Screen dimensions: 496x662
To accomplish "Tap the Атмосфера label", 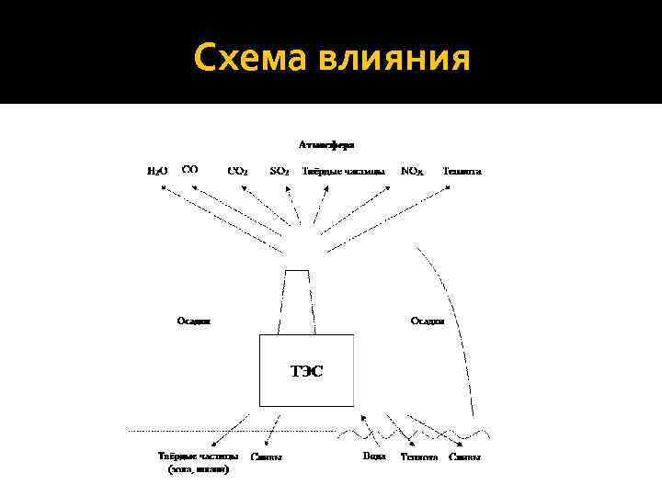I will point(326,144).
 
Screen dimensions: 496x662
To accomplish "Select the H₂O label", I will point(158,171).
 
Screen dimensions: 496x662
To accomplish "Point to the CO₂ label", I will point(237,171).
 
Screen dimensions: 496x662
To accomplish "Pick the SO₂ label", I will point(280,171).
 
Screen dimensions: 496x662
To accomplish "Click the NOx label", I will point(412,171).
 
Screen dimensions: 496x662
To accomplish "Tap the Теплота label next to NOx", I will point(462,171).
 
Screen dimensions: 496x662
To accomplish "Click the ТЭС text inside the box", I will point(307,371).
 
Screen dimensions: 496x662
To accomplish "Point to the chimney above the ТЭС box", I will point(297,303).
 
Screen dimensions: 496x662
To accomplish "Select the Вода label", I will point(374,457).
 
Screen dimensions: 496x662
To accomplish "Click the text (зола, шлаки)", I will point(199,469).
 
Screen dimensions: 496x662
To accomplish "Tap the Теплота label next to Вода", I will point(418,457).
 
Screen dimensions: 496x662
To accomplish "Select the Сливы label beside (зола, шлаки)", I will point(267,457).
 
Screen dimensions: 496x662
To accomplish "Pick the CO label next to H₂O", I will point(190,169).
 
